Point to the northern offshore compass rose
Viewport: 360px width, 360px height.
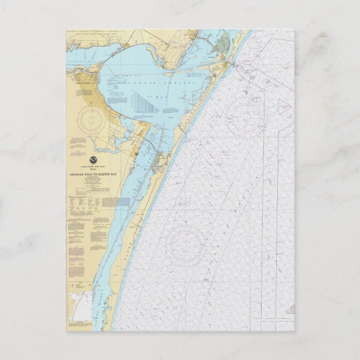244,119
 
